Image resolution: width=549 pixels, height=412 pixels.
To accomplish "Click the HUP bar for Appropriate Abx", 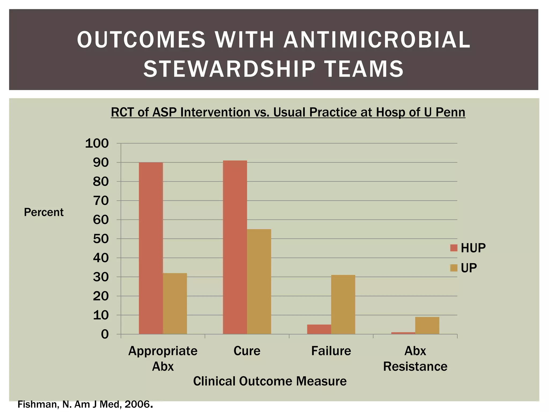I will point(151,248).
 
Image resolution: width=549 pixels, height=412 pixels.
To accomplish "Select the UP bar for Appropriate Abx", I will point(175,303).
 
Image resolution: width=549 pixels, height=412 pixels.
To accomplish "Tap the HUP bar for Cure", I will point(235,247).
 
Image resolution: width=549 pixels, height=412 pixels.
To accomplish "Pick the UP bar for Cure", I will point(259,281).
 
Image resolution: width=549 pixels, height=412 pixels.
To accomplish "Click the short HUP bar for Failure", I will point(319,329).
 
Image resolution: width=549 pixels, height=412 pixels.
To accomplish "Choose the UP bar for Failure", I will point(343,304).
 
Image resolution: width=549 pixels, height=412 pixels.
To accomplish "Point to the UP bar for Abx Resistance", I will point(427,325).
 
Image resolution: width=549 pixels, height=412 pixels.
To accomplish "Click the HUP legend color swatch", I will point(454,248).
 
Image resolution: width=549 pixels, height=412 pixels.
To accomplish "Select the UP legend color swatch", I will point(454,268).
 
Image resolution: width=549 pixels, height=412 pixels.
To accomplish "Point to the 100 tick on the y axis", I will point(97,144).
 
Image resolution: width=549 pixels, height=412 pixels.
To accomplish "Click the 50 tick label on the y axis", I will point(101,239).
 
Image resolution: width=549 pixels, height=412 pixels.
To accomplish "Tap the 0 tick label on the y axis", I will point(105,334).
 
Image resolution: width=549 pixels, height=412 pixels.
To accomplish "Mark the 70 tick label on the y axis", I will point(101,201).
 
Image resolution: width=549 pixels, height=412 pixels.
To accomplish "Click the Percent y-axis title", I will point(44,212).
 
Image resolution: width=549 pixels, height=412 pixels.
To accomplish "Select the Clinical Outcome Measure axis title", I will point(270,381).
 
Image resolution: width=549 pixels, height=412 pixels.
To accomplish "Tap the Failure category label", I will point(331,351).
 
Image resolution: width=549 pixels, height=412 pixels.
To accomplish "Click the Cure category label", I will point(247,351).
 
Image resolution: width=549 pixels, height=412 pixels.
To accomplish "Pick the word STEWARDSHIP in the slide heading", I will point(229,69).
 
